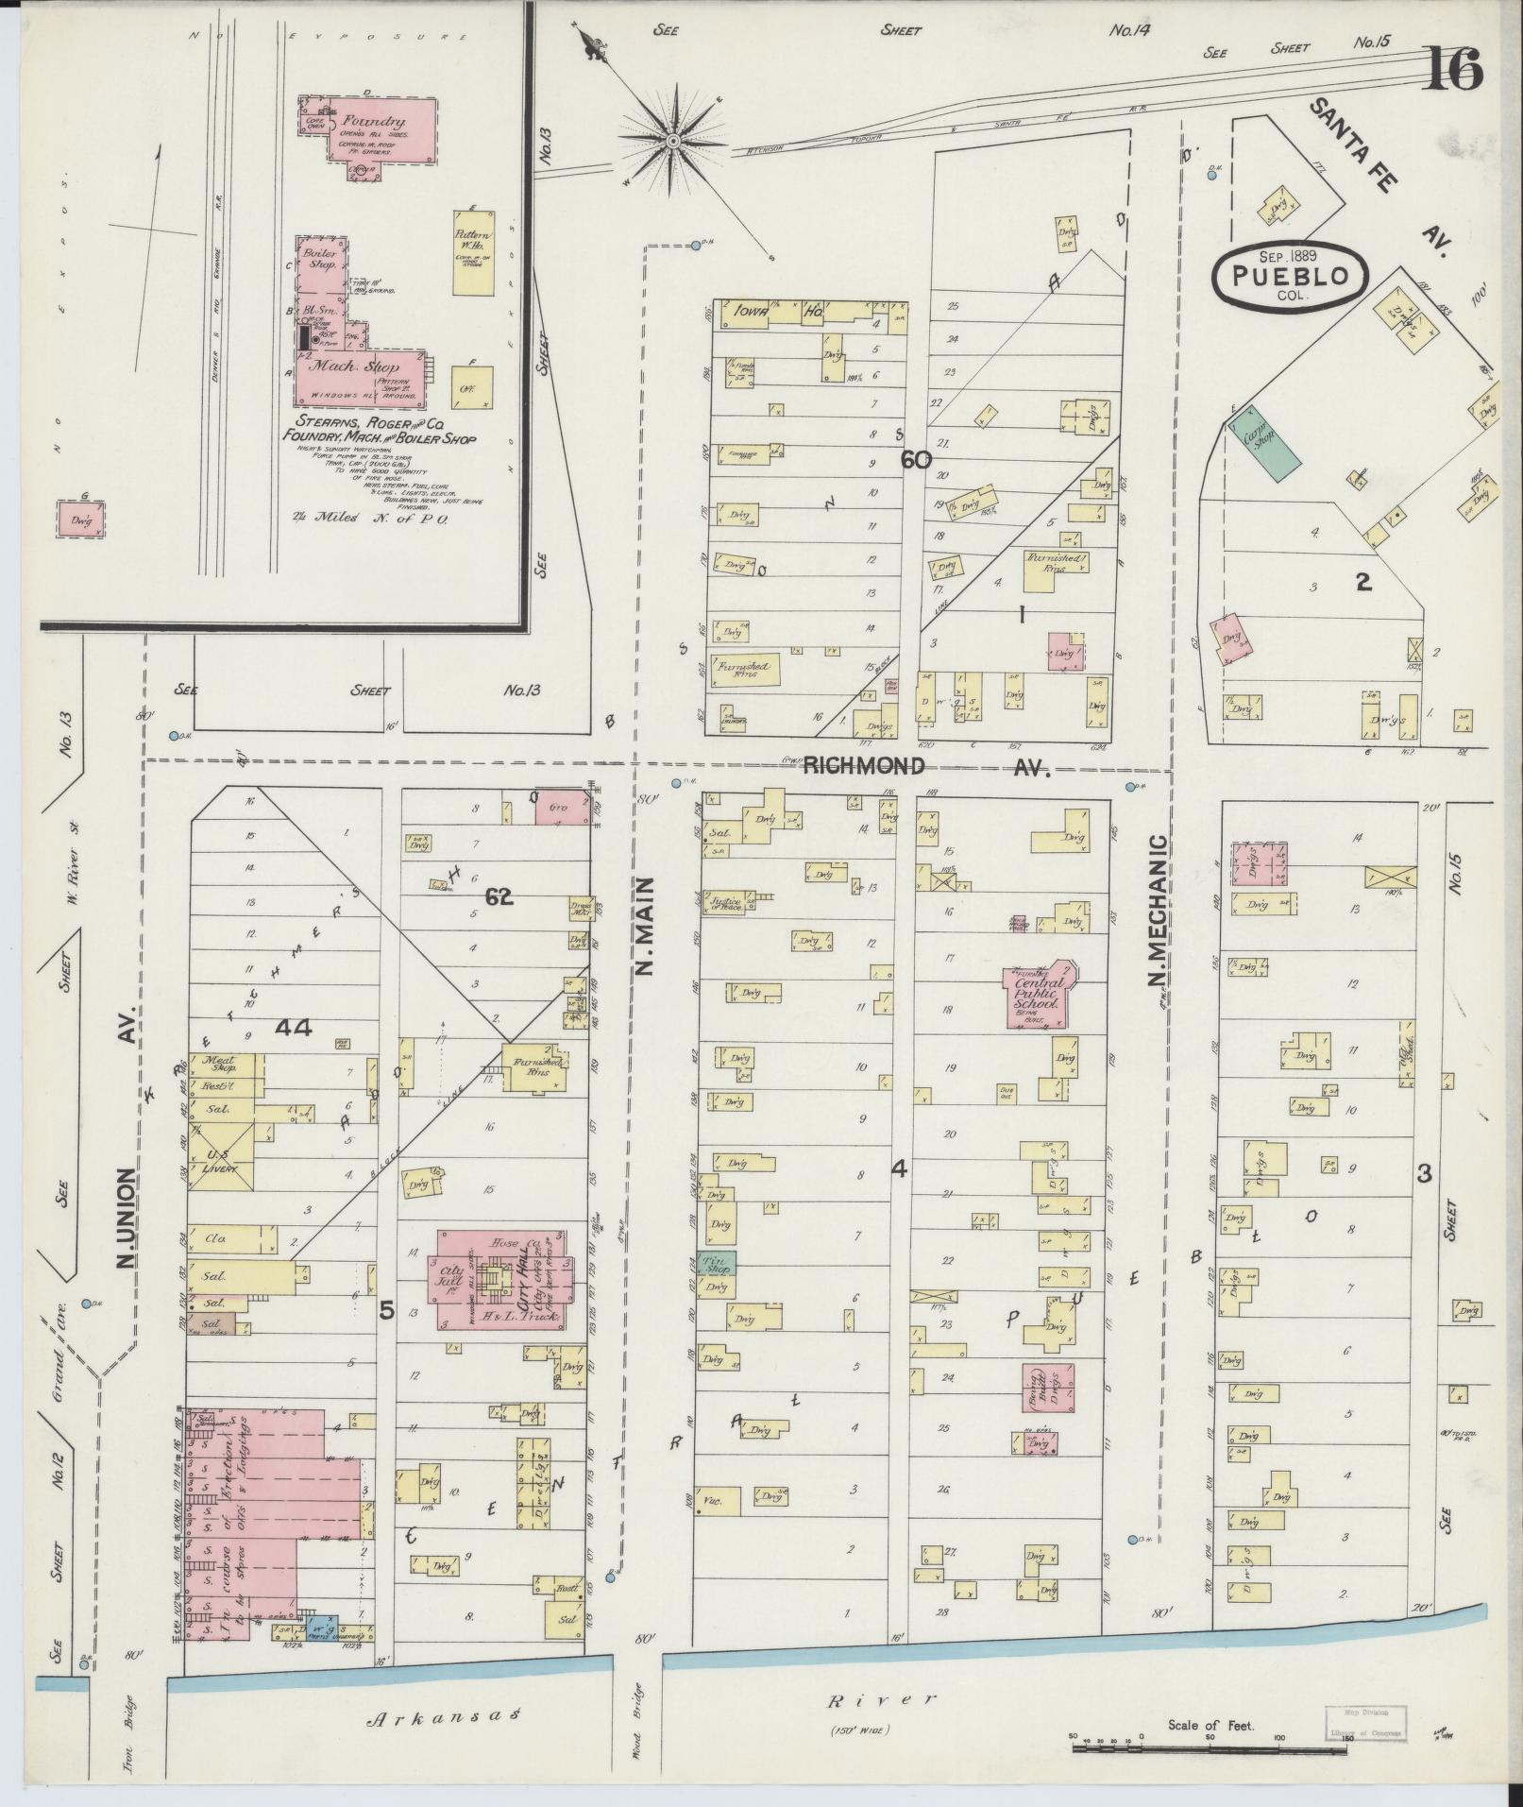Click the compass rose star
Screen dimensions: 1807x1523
(673, 142)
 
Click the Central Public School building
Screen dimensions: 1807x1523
(1037, 994)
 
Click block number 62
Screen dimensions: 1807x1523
(499, 897)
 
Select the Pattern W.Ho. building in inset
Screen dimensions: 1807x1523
(472, 251)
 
